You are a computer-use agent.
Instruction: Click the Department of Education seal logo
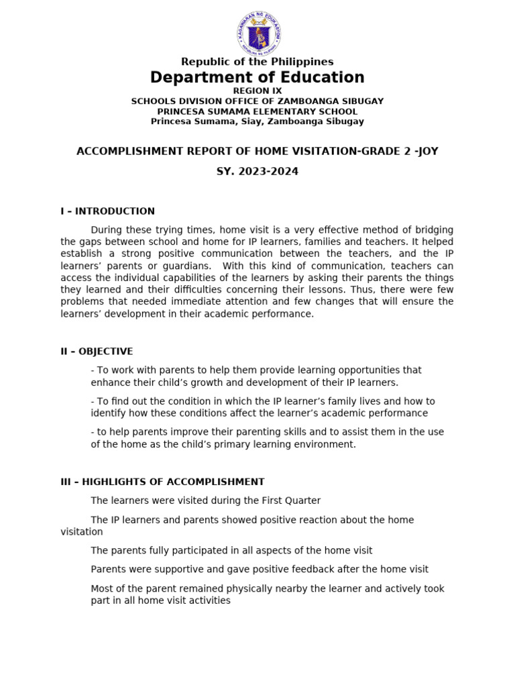257,32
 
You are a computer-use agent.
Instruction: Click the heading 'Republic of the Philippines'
257,62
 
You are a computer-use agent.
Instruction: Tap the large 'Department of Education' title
257,78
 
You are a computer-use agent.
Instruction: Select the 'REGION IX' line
257,91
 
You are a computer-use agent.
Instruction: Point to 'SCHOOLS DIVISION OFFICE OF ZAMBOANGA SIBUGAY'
257,101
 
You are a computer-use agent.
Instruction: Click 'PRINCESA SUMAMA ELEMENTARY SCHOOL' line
257,111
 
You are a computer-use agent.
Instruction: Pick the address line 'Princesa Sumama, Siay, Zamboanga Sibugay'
257,121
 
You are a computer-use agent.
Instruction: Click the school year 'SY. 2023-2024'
257,172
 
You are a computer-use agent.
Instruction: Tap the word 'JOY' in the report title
426,152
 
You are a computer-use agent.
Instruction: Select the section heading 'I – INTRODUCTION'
107,211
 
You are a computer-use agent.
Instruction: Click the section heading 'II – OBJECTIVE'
97,352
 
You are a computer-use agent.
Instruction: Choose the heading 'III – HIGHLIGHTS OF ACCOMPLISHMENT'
162,482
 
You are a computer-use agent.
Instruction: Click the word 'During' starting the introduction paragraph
108,229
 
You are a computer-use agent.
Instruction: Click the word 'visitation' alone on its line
82,532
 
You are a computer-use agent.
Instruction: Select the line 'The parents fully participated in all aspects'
231,551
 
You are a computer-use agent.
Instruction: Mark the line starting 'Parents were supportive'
259,570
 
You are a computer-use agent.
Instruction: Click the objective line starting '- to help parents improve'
267,432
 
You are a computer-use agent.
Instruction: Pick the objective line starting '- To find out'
263,401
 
